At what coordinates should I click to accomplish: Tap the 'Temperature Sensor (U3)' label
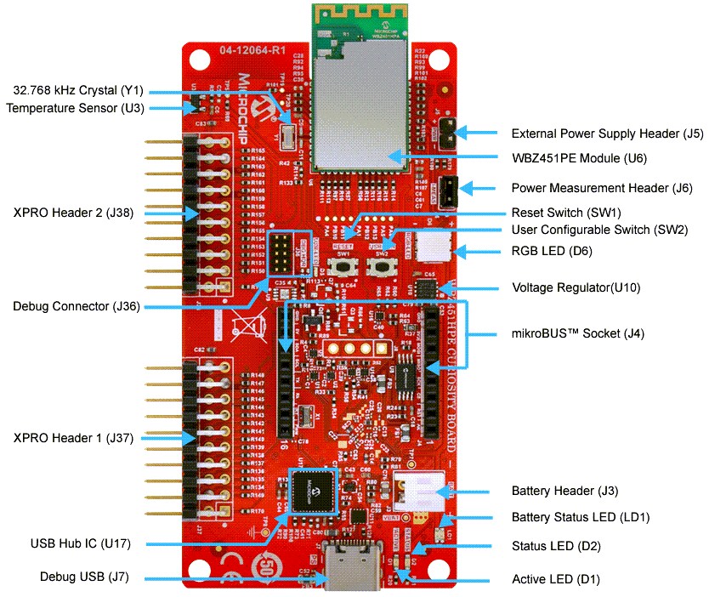coord(76,108)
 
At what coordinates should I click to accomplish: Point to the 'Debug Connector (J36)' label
coord(77,306)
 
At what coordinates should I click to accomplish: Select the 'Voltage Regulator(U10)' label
coord(576,287)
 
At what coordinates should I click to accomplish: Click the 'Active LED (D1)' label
coord(556,579)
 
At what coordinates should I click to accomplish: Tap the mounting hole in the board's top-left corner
coord(199,61)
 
